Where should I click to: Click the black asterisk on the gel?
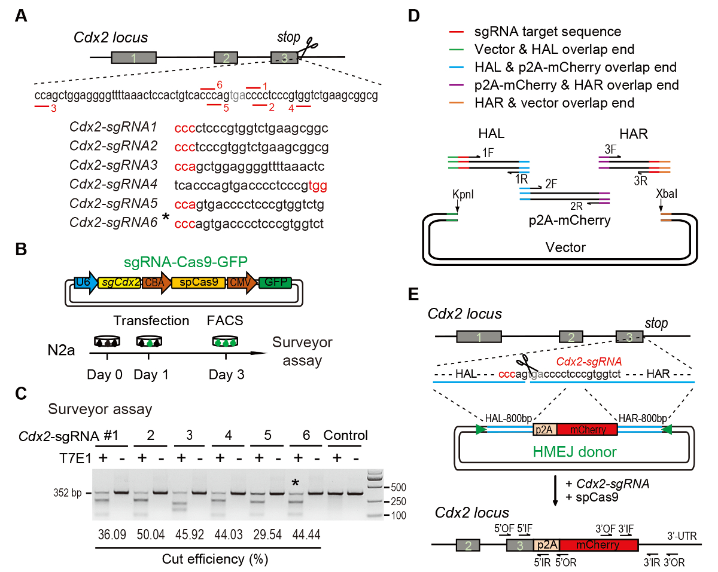pyautogui.click(x=296, y=483)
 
